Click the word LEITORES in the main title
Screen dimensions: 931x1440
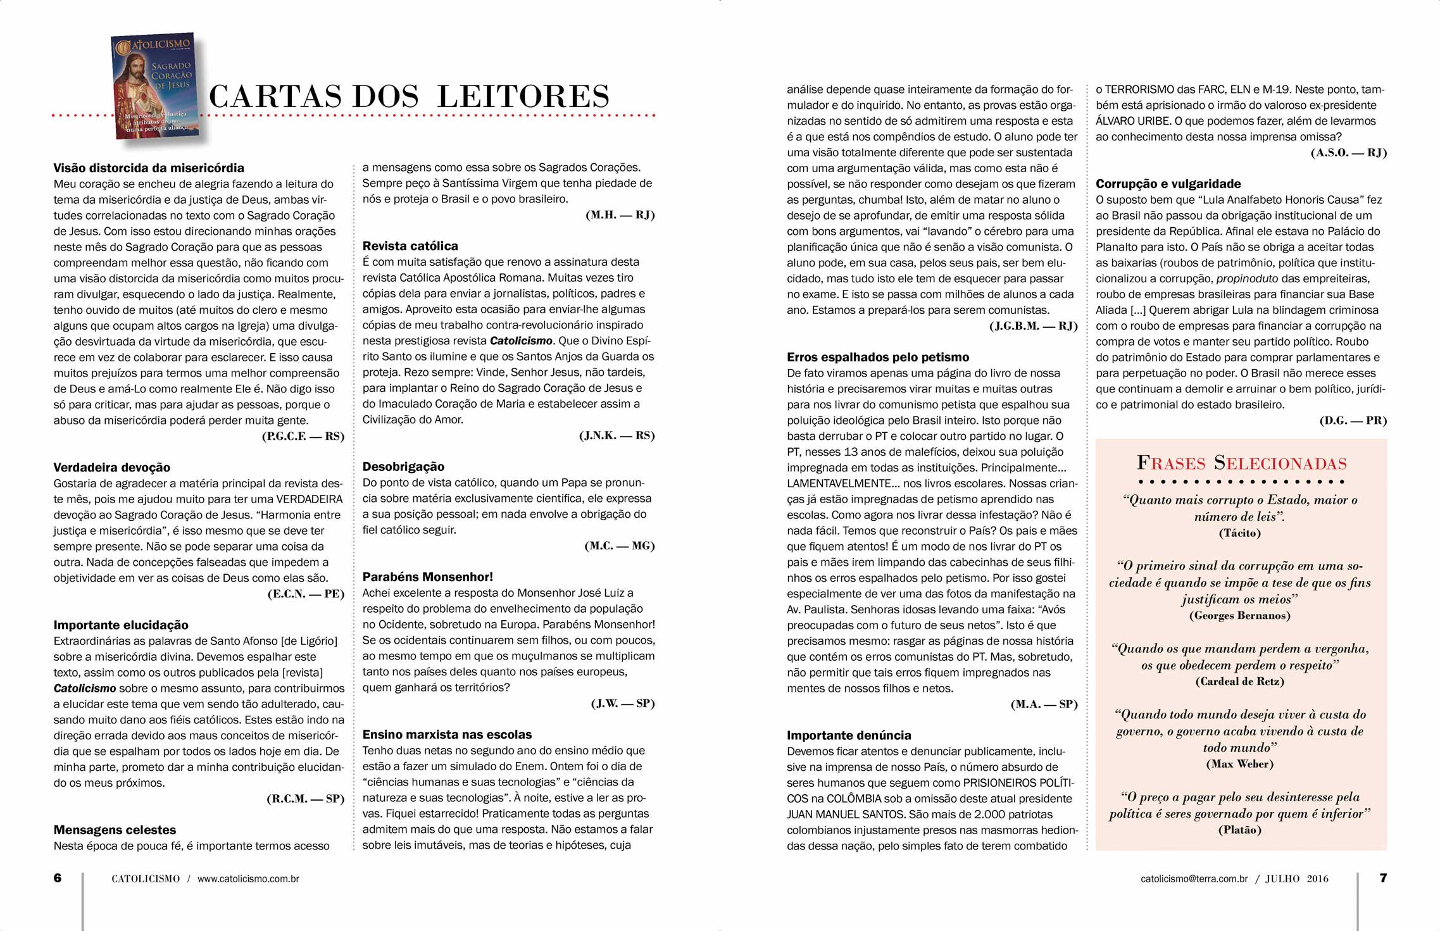[523, 97]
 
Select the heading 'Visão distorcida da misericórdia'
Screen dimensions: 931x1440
[149, 168]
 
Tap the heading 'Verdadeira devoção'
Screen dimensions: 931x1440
[112, 468]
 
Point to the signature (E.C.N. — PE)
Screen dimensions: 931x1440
[306, 594]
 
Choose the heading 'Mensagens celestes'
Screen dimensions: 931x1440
[115, 830]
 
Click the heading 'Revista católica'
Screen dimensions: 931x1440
[410, 246]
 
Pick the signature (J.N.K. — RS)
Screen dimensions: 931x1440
[617, 435]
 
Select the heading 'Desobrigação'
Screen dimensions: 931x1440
[403, 466]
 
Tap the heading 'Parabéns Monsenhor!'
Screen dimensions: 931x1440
[427, 577]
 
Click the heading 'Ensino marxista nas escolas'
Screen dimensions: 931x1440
[447, 735]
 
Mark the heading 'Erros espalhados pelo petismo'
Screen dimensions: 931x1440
[878, 358]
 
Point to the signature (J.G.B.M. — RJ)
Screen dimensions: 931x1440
[1033, 326]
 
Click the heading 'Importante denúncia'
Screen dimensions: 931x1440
[849, 735]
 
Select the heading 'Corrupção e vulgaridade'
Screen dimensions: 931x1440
[1168, 184]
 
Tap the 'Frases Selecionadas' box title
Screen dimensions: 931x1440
[1241, 463]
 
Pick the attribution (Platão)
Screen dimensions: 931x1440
[1239, 830]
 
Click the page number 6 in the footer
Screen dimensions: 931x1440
[58, 878]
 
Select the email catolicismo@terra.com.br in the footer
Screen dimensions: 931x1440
[1194, 878]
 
